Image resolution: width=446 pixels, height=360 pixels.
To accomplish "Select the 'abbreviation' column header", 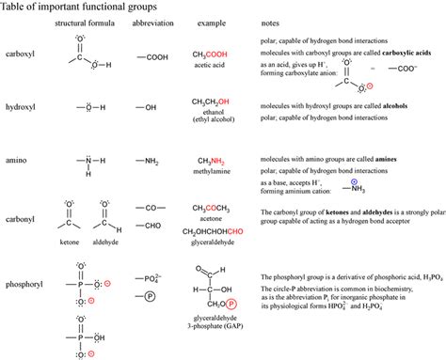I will pos(151,21).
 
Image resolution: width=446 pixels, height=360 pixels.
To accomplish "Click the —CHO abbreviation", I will pos(152,226).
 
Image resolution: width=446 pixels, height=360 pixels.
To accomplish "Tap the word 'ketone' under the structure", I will pos(71,242).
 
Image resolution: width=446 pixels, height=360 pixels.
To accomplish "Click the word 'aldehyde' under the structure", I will pos(105,242).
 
